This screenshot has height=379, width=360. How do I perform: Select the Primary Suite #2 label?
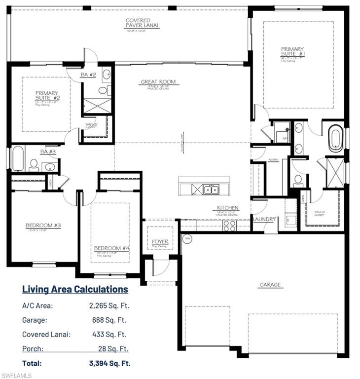(46, 96)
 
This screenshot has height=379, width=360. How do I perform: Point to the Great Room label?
(158, 82)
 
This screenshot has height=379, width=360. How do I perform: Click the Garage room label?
(270, 285)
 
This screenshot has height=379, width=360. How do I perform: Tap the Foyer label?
(160, 242)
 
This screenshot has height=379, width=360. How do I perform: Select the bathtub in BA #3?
(17, 158)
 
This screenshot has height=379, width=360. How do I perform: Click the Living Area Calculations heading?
(75, 289)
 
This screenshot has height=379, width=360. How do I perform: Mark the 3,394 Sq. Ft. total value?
(109, 363)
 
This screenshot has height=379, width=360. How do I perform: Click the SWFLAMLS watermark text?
(16, 375)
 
